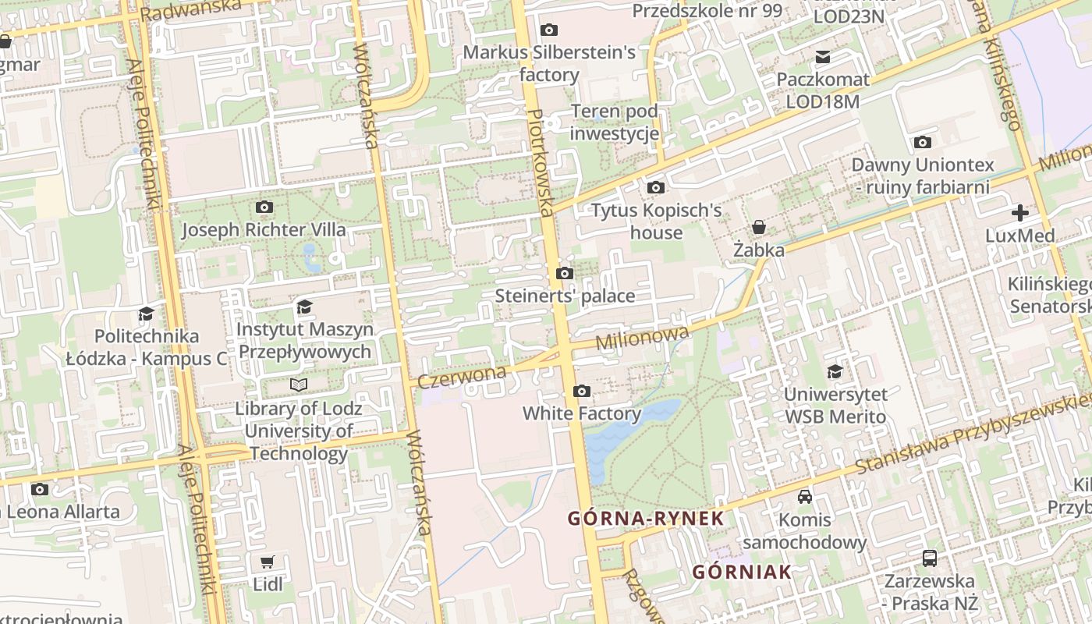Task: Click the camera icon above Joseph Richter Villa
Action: coord(264,207)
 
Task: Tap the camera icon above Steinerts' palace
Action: coord(565,273)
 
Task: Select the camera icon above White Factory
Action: coord(581,391)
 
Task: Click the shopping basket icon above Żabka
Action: coord(758,227)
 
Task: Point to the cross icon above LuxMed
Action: coord(1019,212)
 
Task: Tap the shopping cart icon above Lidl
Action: coord(268,562)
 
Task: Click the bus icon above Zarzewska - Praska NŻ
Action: coord(930,558)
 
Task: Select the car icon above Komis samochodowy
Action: coord(804,496)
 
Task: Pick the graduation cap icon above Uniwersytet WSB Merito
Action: coord(835,371)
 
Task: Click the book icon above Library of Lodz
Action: coord(298,385)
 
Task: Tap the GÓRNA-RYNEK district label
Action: coord(646,518)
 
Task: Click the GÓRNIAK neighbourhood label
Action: coord(742,572)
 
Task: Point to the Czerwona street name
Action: coord(462,377)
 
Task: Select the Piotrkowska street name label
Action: coord(541,162)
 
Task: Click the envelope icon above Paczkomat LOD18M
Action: coord(823,56)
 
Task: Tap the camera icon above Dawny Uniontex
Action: coord(923,142)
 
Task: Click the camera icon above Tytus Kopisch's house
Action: coord(655,187)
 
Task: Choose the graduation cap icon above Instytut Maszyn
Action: coord(304,307)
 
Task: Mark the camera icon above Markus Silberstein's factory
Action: coord(549,30)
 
